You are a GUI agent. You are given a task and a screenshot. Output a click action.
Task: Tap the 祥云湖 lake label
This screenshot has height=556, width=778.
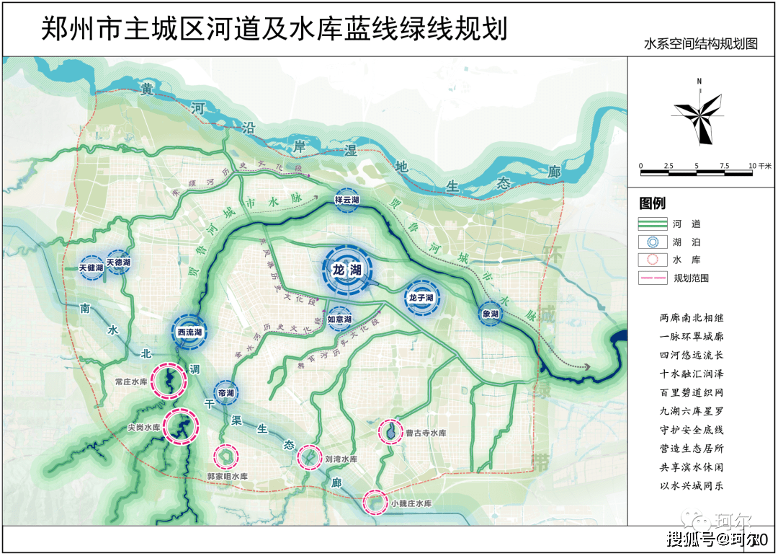coord(347,199)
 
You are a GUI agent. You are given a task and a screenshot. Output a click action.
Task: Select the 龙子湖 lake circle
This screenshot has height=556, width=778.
coord(421,297)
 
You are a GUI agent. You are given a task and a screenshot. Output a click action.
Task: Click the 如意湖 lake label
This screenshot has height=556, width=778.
coord(339,319)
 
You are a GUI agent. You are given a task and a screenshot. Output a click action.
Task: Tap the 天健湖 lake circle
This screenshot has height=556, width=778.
coord(92,268)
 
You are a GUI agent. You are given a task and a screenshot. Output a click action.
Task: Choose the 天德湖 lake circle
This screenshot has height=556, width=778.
coord(119,262)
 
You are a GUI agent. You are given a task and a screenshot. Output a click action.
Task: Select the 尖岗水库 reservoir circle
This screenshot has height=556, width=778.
coord(181,426)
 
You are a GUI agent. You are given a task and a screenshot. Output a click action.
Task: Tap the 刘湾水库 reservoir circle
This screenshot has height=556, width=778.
coord(310,456)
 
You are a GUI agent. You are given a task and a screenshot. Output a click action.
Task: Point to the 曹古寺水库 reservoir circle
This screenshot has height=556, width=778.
coord(390,432)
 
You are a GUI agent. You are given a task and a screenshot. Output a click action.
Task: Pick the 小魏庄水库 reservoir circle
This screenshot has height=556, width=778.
coord(375,502)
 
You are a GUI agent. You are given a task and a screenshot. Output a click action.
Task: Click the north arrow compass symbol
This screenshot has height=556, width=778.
coord(699,111)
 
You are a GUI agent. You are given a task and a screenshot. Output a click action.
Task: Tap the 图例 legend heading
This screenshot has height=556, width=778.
coord(653,203)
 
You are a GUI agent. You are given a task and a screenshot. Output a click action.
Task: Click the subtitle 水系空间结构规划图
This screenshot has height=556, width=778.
coord(700,43)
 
